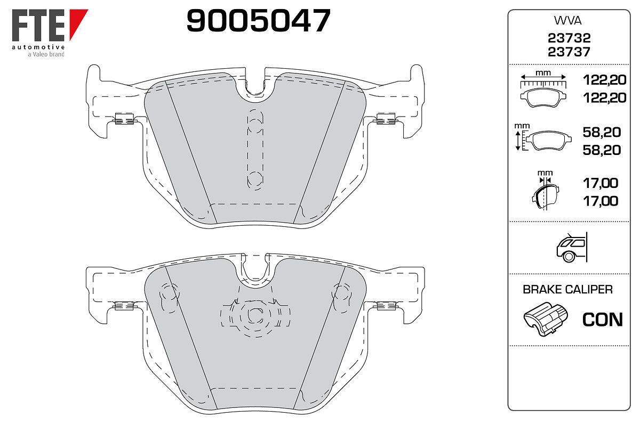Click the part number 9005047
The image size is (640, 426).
coord(258,20)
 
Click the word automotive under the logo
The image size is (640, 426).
coord(38,47)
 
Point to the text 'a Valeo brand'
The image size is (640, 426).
coord(46,54)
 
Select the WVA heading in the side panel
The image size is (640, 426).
coord(567,21)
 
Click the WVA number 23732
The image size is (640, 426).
coord(569,38)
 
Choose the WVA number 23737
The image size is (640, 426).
coord(569,52)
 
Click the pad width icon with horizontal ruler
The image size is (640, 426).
coord(543,91)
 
